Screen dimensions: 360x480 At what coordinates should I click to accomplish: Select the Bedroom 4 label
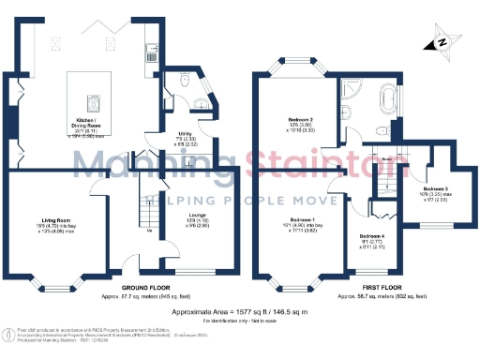point(373,241)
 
